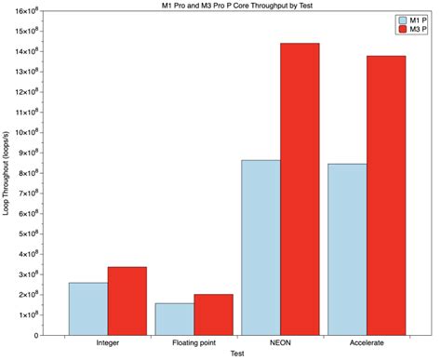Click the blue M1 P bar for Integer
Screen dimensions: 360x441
pos(88,308)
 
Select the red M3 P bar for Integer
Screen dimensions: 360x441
pos(127,300)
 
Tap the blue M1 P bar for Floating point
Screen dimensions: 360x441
pos(175,318)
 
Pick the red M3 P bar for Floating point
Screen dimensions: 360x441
pos(214,314)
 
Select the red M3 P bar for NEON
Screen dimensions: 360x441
pos(301,189)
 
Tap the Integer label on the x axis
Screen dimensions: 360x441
pos(108,343)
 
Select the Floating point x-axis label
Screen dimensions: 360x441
pos(194,343)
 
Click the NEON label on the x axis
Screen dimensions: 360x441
pos(281,343)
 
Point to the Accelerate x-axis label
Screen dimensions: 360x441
pos(367,343)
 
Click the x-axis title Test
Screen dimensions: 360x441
pos(237,353)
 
